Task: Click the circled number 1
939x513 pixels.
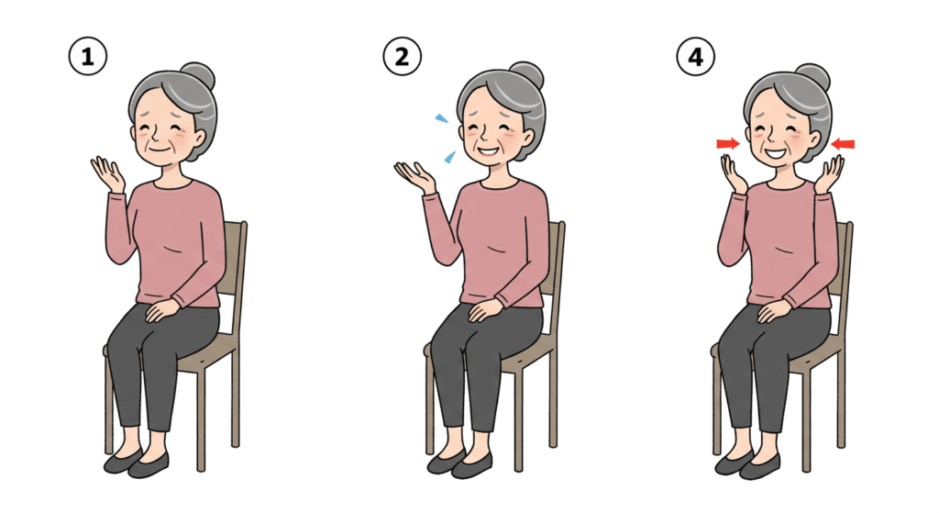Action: point(87,57)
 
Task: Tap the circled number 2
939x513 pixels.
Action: point(402,57)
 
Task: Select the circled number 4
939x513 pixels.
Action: point(695,57)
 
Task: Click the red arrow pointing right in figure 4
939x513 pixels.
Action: point(728,144)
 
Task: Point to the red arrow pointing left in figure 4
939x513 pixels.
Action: point(843,144)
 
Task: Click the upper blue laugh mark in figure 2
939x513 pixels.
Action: point(441,118)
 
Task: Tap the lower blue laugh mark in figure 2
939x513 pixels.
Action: point(449,158)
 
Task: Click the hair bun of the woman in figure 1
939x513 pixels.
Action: point(198,76)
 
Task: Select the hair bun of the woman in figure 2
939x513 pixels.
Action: point(526,75)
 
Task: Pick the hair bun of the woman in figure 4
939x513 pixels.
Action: point(812,77)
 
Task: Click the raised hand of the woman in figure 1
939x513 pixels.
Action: point(108,173)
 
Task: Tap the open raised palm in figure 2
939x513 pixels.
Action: point(414,176)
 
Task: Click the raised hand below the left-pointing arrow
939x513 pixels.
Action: point(828,174)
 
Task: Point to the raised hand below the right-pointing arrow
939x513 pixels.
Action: point(735,173)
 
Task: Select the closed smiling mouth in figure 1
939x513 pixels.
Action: point(160,148)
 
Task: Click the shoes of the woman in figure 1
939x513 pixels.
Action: point(137,463)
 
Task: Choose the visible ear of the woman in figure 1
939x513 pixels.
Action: point(196,139)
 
